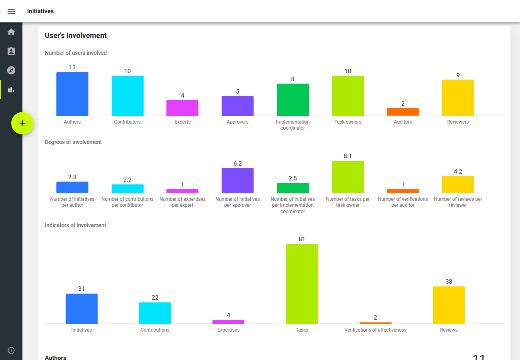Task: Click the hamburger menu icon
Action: (11, 11)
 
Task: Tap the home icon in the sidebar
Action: (11, 32)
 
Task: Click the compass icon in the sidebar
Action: (11, 70)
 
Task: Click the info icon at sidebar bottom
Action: (11, 350)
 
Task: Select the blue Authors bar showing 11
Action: (72, 94)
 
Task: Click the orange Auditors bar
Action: (403, 112)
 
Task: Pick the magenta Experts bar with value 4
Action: (182, 108)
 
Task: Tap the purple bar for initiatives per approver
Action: (238, 180)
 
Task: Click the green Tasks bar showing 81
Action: (302, 284)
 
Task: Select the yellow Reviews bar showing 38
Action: (449, 305)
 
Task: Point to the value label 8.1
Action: (348, 156)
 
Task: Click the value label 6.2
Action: (238, 164)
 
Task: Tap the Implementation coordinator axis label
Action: (293, 125)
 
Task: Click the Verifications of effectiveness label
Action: (375, 330)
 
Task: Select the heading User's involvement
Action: (76, 36)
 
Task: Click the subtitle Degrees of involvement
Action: (73, 142)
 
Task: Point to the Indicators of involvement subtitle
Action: (76, 225)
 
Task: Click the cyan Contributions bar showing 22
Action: (155, 313)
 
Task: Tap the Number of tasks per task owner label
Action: (348, 202)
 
